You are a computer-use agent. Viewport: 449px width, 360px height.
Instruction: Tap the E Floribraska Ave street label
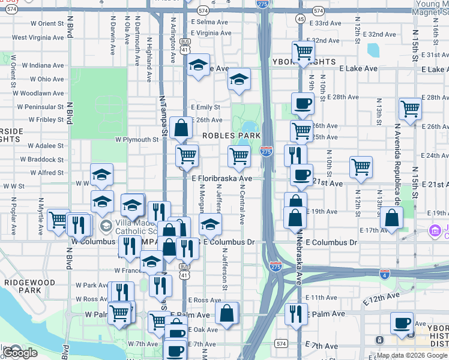222,179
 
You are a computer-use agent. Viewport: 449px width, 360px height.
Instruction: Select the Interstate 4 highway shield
385,274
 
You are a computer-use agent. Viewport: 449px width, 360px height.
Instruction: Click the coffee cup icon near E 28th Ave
303,103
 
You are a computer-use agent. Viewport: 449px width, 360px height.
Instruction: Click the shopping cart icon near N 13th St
411,109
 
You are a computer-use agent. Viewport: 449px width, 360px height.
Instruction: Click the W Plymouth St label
137,140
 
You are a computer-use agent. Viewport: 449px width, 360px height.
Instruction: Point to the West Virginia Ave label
38,37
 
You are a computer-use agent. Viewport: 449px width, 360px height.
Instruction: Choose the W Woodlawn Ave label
41,94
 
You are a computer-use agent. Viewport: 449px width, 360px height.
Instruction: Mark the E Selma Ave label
210,22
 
